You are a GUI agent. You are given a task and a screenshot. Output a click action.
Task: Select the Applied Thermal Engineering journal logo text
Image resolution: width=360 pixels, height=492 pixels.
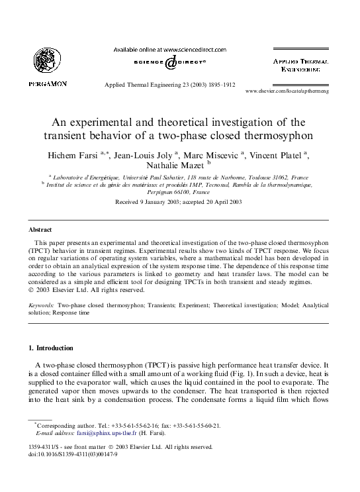point(301,64)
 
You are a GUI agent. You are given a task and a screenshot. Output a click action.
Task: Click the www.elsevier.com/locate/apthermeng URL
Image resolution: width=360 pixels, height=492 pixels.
point(296,90)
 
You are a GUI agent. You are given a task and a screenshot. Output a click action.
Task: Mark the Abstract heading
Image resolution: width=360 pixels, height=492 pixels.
point(40,229)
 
